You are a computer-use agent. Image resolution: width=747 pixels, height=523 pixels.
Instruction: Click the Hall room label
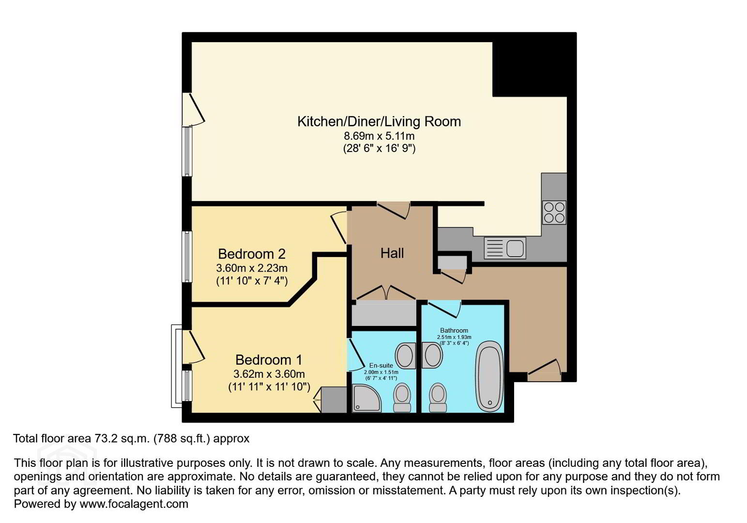[392, 253]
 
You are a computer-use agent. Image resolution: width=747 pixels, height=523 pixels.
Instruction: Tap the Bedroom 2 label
[252, 254]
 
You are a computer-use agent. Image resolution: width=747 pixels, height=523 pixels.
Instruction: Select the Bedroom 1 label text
[269, 360]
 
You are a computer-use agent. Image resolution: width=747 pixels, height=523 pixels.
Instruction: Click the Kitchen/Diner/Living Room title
[379, 122]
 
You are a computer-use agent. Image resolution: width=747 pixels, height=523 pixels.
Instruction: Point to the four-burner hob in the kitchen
[554, 213]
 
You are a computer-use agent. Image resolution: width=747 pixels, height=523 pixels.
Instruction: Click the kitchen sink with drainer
[505, 248]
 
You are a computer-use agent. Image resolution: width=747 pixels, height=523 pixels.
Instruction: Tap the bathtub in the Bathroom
[489, 377]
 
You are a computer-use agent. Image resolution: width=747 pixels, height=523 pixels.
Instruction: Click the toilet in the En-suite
[402, 398]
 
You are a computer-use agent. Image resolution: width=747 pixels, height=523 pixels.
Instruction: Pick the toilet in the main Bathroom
[438, 398]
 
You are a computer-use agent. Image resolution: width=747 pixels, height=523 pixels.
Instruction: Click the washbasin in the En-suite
[406, 355]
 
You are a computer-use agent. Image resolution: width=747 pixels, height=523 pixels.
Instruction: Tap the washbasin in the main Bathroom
[432, 355]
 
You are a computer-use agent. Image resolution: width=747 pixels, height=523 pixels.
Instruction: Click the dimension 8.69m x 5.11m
[379, 136]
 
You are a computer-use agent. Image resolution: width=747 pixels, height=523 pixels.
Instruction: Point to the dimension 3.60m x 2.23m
[252, 268]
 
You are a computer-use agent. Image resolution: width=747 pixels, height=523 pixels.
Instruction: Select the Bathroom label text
[454, 331]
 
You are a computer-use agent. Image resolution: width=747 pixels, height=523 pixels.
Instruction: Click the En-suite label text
[381, 366]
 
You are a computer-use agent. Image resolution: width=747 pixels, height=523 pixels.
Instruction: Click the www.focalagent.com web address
[134, 504]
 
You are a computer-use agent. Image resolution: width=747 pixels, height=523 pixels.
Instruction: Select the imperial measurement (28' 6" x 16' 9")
[379, 148]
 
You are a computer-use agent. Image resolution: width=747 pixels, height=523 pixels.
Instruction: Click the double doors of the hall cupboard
[386, 292]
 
